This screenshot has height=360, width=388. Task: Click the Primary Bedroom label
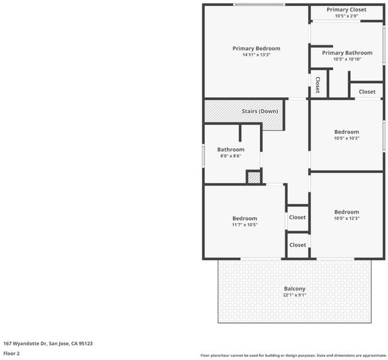[x=256, y=49]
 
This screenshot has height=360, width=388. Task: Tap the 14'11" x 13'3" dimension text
[x=256, y=55]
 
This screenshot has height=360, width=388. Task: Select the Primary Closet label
[x=347, y=10]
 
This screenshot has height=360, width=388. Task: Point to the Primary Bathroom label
[x=347, y=53]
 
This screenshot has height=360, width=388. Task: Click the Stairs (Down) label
[x=260, y=111]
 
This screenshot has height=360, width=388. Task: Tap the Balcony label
[x=294, y=289]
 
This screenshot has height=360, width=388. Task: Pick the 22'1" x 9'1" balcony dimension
[x=294, y=295]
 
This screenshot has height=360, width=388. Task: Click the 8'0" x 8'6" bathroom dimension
[x=231, y=156]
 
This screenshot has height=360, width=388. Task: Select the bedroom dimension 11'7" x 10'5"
[x=244, y=225]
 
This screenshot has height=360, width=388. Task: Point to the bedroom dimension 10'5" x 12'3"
[x=347, y=218]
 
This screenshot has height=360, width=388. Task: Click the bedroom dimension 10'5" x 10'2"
[x=347, y=138]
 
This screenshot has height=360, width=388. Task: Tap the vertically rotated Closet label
[x=318, y=85]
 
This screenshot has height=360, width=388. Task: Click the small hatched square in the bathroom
[x=254, y=178]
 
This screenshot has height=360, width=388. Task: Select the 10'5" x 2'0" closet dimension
[x=347, y=16]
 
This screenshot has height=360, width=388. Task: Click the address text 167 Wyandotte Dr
[x=25, y=343]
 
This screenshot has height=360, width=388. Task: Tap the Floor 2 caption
[x=11, y=353]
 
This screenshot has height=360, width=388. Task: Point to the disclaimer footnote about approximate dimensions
[x=293, y=356]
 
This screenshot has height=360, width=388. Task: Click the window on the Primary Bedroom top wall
[x=259, y=4]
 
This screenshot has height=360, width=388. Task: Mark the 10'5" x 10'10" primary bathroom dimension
[x=347, y=59]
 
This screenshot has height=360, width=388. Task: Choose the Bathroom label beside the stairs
[x=231, y=149]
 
